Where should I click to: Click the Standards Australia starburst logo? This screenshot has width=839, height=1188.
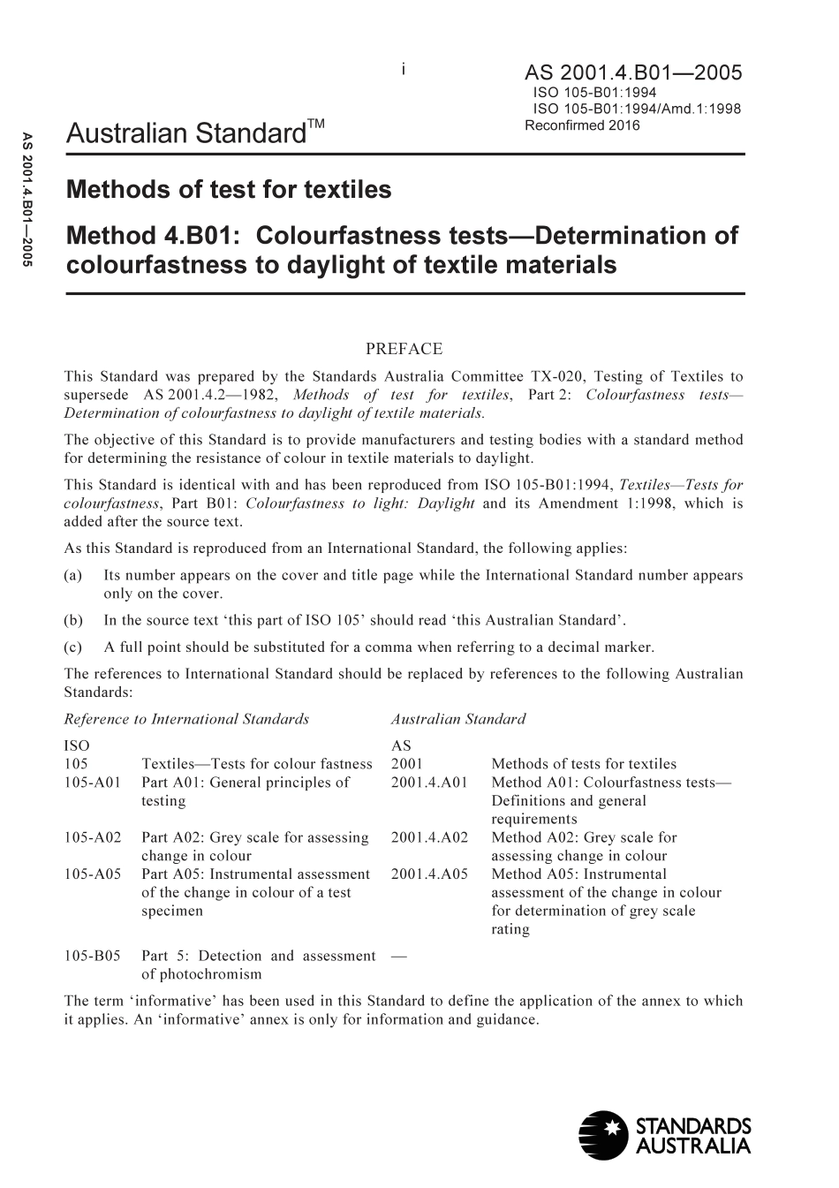(x=601, y=1134)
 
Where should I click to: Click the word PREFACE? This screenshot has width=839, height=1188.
(x=403, y=349)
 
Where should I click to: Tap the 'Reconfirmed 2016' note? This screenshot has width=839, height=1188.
(x=582, y=125)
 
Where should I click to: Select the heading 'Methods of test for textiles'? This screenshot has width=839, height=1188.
(x=229, y=189)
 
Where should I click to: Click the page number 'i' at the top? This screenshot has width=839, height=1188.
(x=404, y=68)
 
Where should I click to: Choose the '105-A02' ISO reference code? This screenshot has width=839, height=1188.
(x=93, y=837)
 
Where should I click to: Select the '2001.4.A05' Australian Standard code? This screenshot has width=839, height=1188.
(x=429, y=874)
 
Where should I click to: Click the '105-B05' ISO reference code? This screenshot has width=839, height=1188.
(x=93, y=956)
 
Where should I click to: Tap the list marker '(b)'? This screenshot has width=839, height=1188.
(x=74, y=620)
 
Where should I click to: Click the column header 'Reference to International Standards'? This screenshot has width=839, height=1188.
(x=187, y=719)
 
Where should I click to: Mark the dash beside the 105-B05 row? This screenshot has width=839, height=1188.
(x=398, y=956)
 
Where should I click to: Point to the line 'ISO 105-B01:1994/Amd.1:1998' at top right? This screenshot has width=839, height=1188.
(x=636, y=109)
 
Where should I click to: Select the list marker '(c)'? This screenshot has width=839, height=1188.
(x=74, y=647)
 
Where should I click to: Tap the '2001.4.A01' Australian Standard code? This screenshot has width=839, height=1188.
(x=429, y=782)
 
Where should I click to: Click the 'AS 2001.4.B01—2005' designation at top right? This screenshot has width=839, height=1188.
(x=633, y=72)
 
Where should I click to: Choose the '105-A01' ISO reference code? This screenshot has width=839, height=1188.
(x=93, y=782)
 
